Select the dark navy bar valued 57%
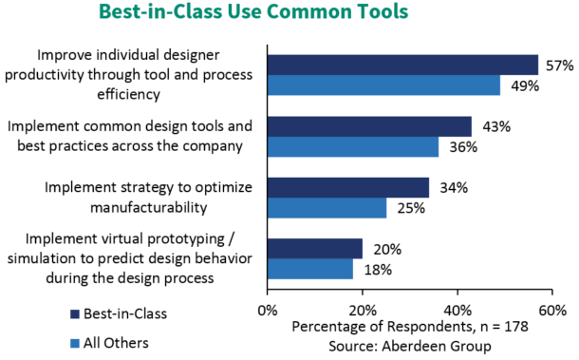[402, 65]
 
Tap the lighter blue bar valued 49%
[383, 85]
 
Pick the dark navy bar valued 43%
[369, 126]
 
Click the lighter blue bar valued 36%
[352, 147]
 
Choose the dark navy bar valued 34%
[347, 188]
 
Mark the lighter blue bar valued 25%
[327, 209]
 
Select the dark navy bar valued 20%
[314, 249]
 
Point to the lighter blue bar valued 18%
[309, 270]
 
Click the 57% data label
[558, 66]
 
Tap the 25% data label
[406, 209]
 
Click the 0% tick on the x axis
[268, 310]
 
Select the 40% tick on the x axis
[458, 310]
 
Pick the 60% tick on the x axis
[552, 310]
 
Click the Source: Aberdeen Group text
[410, 346]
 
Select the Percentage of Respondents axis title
[410, 328]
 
